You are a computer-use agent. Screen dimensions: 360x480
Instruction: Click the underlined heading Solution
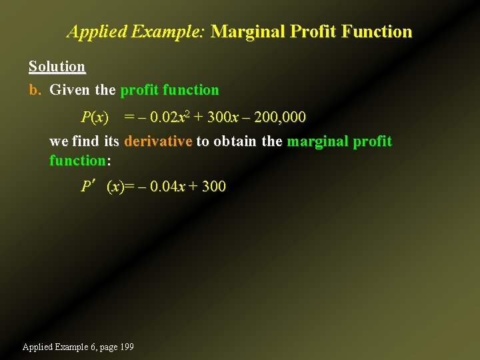pyautogui.click(x=57, y=67)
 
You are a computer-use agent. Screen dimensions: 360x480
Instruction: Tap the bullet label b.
pyautogui.click(x=35, y=90)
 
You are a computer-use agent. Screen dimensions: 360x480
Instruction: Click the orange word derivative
pyautogui.click(x=158, y=141)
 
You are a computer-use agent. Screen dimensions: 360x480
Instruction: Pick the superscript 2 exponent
pyautogui.click(x=188, y=115)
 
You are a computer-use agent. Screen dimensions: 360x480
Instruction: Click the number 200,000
pyautogui.click(x=280, y=118)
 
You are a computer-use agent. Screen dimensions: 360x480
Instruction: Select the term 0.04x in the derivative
pyautogui.click(x=168, y=187)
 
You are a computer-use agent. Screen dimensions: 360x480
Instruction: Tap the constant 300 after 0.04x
pyautogui.click(x=213, y=187)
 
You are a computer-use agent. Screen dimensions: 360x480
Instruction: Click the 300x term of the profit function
pyautogui.click(x=223, y=118)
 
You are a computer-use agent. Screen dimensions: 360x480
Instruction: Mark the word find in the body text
pyautogui.click(x=89, y=141)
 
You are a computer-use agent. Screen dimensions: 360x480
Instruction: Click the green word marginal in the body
pyautogui.click(x=317, y=141)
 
